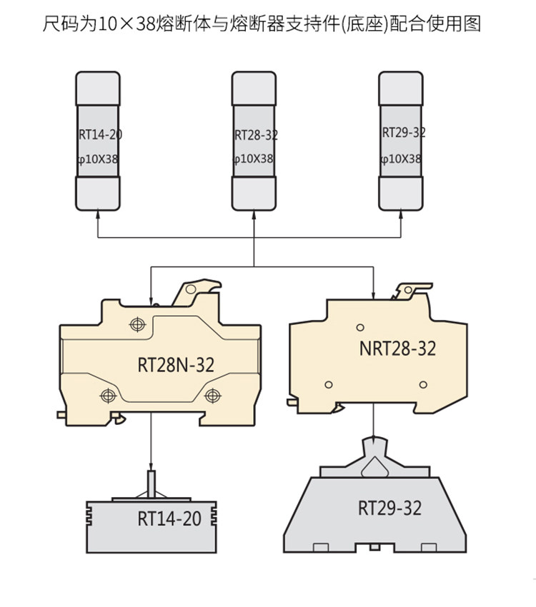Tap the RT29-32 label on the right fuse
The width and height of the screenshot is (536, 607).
[x=404, y=133]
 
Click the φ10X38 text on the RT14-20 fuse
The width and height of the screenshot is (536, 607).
[x=98, y=159]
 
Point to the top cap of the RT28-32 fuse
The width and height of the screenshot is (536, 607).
[x=254, y=87]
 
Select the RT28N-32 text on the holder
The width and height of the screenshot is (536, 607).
[x=175, y=365]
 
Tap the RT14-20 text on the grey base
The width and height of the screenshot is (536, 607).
[x=169, y=518]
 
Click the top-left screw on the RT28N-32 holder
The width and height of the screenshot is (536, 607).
[x=137, y=325]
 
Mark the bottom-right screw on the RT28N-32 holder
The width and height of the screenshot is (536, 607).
[x=212, y=395]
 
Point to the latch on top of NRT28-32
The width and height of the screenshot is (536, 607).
[x=410, y=289]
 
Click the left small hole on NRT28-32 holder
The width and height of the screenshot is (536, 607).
[x=328, y=385]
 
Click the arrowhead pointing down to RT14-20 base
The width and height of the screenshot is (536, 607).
[x=151, y=466]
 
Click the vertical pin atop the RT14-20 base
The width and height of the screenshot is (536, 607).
[x=151, y=483]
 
